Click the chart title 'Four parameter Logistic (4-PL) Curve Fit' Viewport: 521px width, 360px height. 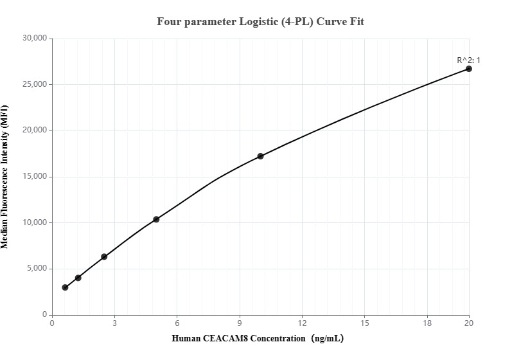(x=260, y=22)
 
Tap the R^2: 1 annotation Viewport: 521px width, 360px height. (x=468, y=60)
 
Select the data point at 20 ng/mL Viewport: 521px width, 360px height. (x=469, y=69)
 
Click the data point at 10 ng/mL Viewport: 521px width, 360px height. (x=260, y=156)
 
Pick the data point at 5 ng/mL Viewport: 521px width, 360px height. (x=156, y=219)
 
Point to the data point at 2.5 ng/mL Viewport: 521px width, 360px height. (x=104, y=256)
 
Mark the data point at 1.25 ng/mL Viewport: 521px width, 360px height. (x=78, y=278)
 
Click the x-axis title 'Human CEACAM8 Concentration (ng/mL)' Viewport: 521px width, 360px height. (x=258, y=338)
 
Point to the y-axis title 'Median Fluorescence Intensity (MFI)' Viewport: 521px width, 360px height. (x=6, y=177)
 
